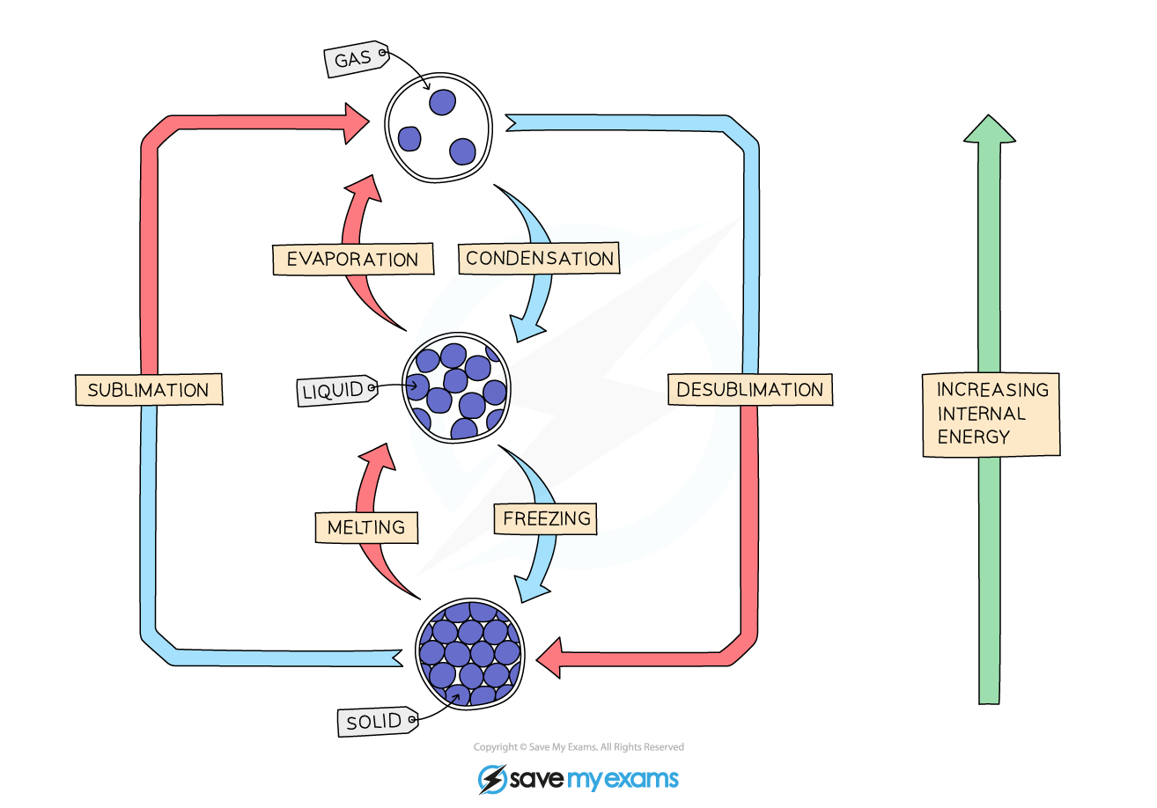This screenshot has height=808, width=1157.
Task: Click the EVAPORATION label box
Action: pos(352,259)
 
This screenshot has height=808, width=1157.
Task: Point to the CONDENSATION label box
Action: pos(539,258)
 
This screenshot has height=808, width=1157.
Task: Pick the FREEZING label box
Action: pos(546,518)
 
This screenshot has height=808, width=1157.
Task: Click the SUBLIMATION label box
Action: pos(148,389)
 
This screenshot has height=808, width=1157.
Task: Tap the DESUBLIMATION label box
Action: pos(749,389)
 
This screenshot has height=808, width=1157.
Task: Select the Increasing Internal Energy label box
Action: pos(991,413)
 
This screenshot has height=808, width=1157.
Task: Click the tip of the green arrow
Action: pos(991,120)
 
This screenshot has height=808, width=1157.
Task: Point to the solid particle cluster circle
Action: pos(469,653)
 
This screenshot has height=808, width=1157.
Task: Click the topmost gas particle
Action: pos(442,103)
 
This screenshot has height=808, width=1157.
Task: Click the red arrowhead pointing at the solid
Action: pos(549,657)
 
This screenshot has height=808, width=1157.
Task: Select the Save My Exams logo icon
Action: pos(492,779)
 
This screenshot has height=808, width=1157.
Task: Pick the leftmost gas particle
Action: pos(409,138)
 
